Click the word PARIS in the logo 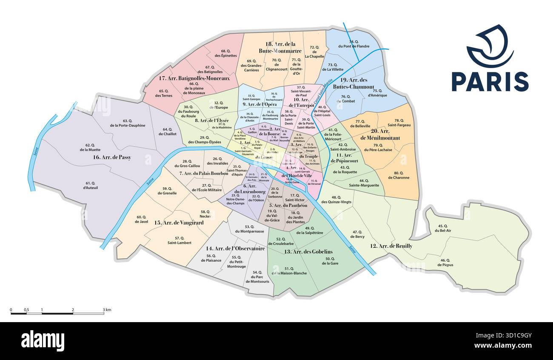click(490, 82)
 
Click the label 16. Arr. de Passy click(112, 157)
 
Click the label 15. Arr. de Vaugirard click(173, 223)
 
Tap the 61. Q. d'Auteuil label click(90, 185)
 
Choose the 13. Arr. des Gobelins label click(308, 251)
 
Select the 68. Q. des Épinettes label click(225, 53)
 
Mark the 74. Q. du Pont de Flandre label click(353, 44)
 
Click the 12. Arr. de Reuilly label click(391, 246)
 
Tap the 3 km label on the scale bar click(107, 310)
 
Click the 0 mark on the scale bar click(11, 310)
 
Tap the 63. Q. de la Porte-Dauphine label click(127, 123)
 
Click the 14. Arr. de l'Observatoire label click(236, 249)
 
